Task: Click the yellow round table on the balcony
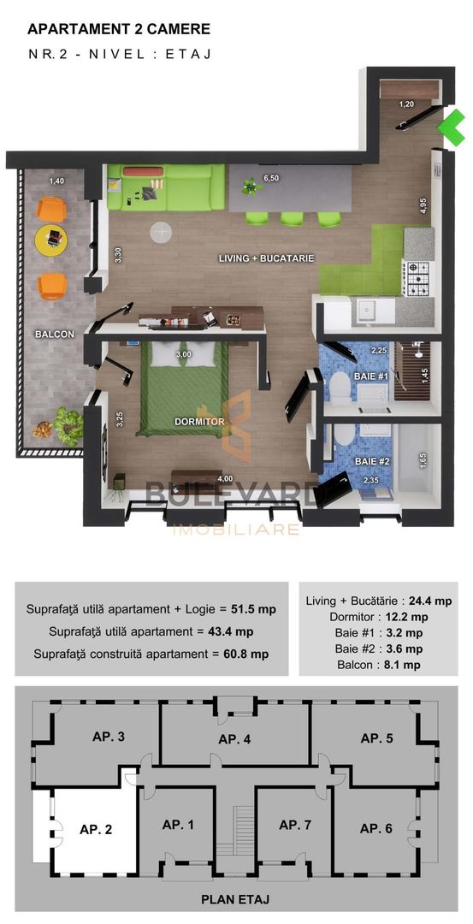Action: click(x=51, y=237)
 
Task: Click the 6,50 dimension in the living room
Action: click(x=271, y=179)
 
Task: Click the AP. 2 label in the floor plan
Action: click(x=97, y=829)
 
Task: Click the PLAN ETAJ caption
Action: click(x=237, y=900)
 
